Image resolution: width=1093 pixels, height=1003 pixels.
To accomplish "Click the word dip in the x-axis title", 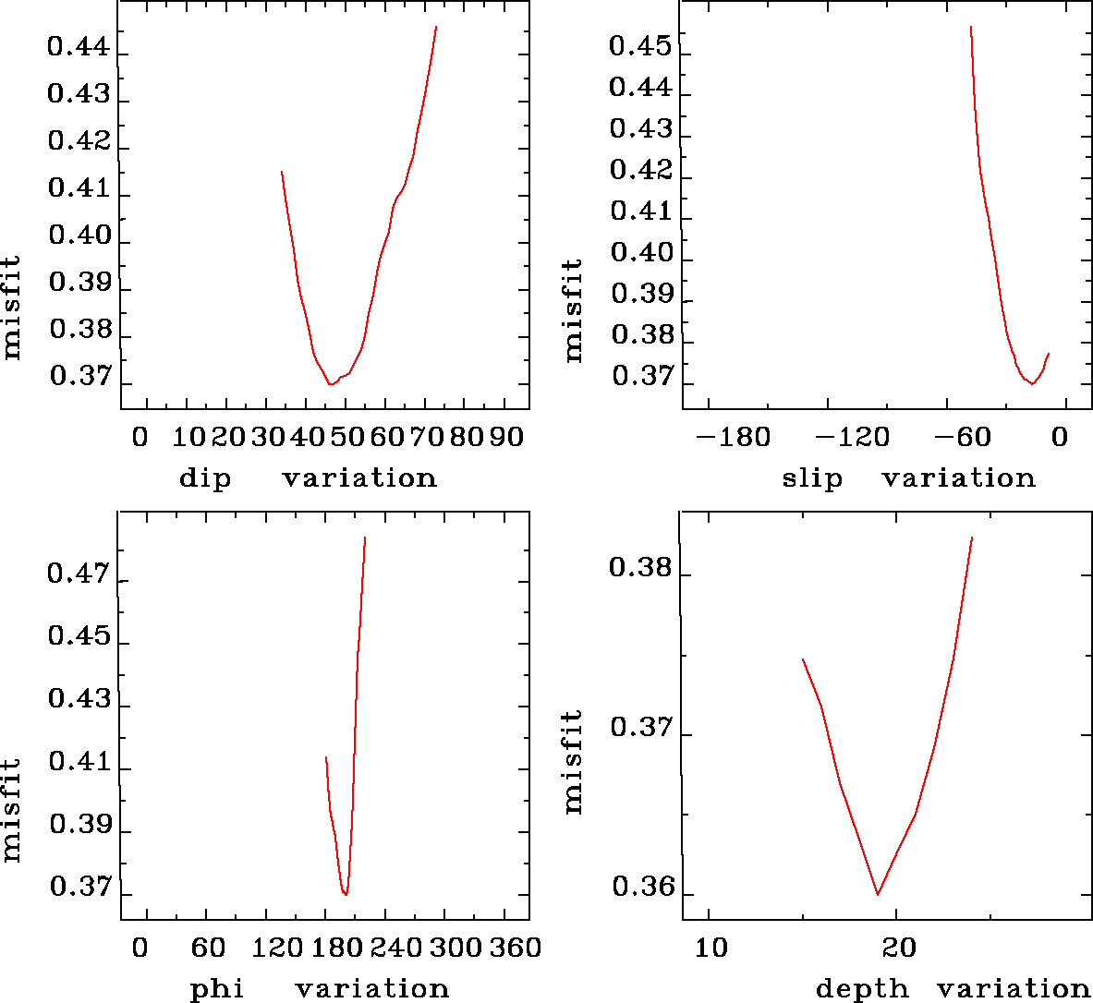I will point(205,478).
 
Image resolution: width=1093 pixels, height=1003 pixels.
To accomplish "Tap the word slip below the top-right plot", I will point(812,478).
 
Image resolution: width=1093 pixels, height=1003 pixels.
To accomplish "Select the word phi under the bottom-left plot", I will point(217,989).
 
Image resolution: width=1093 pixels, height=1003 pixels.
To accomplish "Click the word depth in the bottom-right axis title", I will point(862,989).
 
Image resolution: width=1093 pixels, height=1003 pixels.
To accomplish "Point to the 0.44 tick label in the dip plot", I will point(79,47).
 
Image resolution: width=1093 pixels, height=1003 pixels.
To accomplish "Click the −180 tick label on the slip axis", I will point(733,437).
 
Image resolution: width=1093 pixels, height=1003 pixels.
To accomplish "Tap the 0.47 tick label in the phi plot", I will point(79,575).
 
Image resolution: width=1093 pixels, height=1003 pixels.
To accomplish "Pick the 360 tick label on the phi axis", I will point(515,948).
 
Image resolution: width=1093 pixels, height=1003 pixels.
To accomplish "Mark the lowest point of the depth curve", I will point(877,894).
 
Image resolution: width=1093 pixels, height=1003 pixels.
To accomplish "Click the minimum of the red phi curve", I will point(346,894).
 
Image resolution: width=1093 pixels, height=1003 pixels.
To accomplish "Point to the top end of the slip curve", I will point(971,27).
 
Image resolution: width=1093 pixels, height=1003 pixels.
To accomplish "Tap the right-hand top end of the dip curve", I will point(436,27).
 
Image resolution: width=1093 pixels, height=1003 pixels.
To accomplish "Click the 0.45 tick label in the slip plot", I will point(640,46).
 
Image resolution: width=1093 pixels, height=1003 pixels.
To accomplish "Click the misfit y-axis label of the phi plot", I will point(11,810).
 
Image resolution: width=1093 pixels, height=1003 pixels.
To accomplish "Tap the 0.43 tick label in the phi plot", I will point(79,700).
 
